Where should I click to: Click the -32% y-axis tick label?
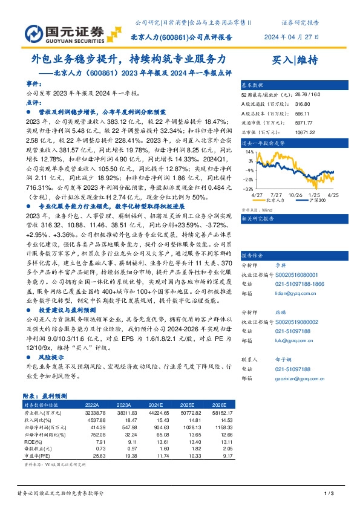[x=249, y=189]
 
